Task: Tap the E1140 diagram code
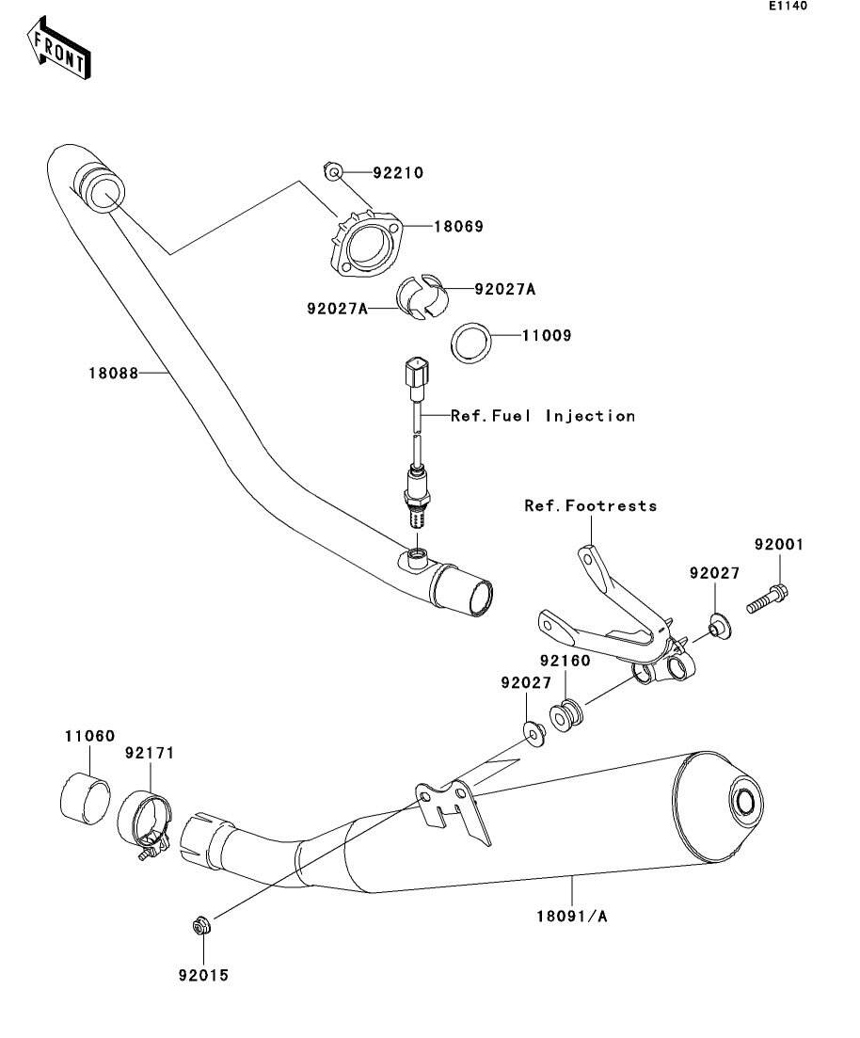788,7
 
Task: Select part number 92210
398,173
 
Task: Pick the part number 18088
113,374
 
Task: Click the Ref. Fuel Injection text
543,415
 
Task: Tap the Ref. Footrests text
591,505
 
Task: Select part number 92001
778,544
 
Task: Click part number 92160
565,661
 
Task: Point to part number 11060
88,736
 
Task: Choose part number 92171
151,753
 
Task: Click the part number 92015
203,976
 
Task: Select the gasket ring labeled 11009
470,343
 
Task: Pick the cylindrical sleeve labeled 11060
84,796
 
